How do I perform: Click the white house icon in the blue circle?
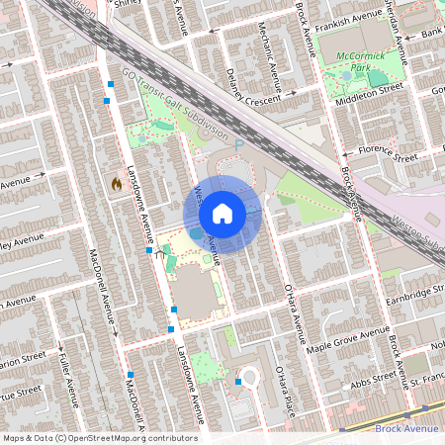coord(222,214)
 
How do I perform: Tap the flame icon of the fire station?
coord(116,183)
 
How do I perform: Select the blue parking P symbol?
coord(238,145)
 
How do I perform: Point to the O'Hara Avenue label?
coord(293,311)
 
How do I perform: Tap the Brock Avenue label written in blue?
coord(406,429)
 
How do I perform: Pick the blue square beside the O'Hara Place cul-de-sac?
coord(238,381)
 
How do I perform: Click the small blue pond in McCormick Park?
coord(345,73)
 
